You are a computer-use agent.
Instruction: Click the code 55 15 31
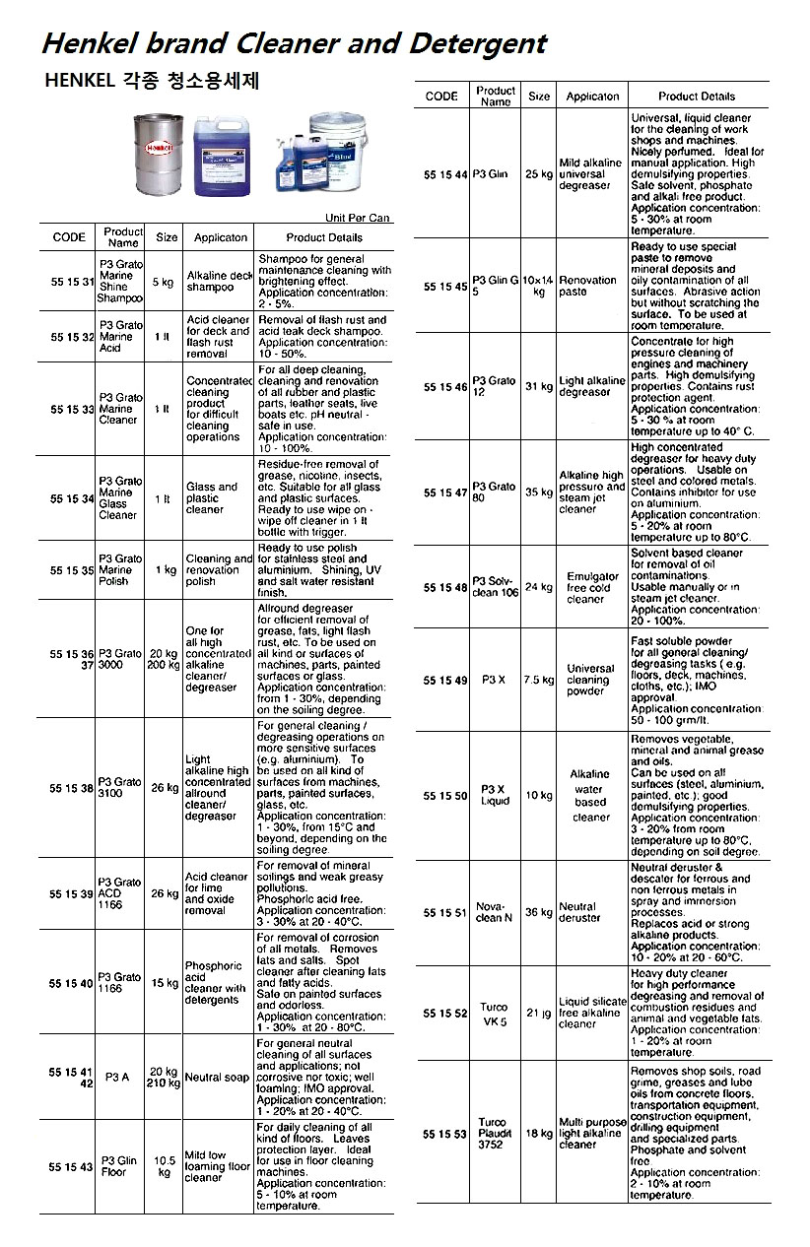[73, 282]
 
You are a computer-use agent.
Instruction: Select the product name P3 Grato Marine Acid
[122, 336]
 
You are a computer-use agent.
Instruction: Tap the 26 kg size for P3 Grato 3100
[165, 788]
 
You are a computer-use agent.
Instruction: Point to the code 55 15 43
[73, 1167]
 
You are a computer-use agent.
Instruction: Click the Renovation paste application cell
[587, 286]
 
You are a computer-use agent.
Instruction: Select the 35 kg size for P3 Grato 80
[539, 492]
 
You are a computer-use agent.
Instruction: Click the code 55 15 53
[444, 1134]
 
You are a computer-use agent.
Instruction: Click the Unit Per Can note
[358, 218]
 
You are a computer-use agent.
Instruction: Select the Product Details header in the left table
[324, 237]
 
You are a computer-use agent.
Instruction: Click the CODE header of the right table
[441, 97]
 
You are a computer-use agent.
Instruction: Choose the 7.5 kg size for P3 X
[539, 680]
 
